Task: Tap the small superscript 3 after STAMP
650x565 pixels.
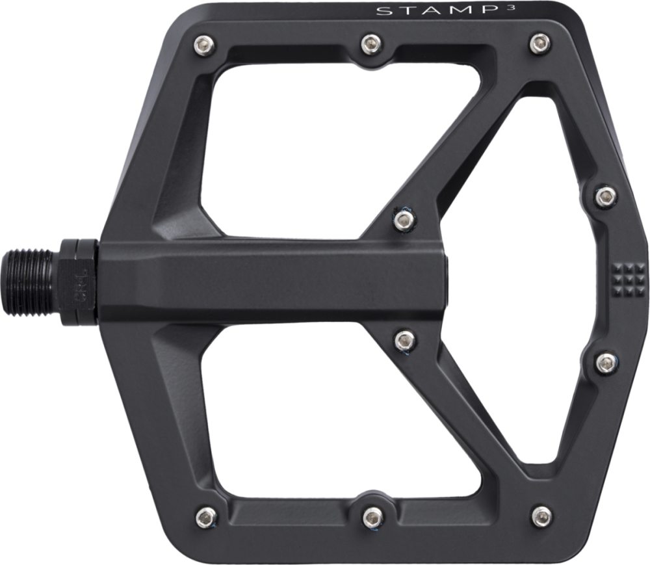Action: coord(447,8)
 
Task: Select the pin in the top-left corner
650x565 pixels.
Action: coord(203,46)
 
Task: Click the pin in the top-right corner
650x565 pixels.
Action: coord(540,44)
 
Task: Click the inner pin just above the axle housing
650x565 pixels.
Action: coord(404,220)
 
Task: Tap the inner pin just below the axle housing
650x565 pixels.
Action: coord(404,339)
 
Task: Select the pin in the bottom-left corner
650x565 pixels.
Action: coord(205,517)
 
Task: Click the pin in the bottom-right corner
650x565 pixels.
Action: coord(541,516)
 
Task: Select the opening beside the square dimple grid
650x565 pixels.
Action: coord(533,280)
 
